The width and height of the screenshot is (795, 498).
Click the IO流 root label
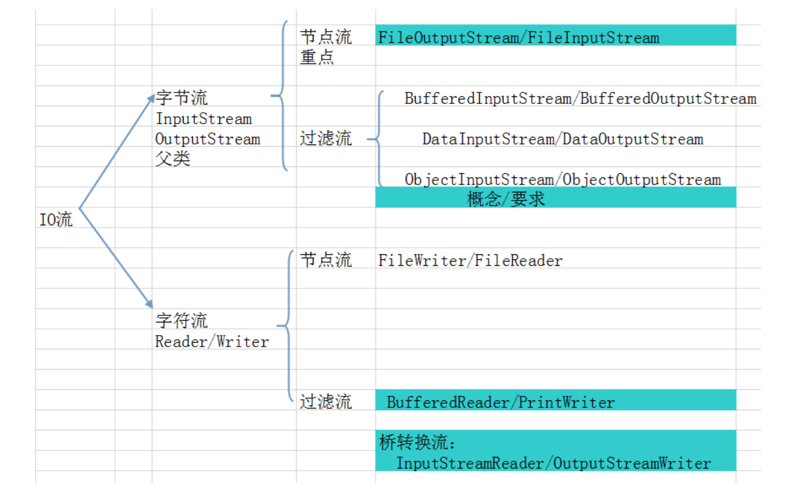(56, 220)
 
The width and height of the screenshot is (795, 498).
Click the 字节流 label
(181, 99)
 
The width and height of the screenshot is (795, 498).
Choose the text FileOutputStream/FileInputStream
(518, 38)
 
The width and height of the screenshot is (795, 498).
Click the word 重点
(316, 58)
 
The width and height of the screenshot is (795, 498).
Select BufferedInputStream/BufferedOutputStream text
(580, 99)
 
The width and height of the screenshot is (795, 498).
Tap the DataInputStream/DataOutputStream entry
(562, 139)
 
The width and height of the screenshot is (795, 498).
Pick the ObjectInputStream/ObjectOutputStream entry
(562, 180)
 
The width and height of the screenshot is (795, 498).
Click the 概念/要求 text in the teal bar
(506, 200)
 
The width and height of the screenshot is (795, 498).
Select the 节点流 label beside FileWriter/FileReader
(326, 261)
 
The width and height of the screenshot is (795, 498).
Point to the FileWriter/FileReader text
(470, 261)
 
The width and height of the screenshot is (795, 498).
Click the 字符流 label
(181, 321)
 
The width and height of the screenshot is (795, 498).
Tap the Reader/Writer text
(212, 341)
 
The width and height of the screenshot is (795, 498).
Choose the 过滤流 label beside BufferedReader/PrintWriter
(326, 402)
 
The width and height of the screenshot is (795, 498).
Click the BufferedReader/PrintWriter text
(501, 402)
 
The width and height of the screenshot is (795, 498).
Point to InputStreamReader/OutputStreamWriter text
(553, 463)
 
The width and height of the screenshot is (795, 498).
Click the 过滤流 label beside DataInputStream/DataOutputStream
(326, 139)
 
